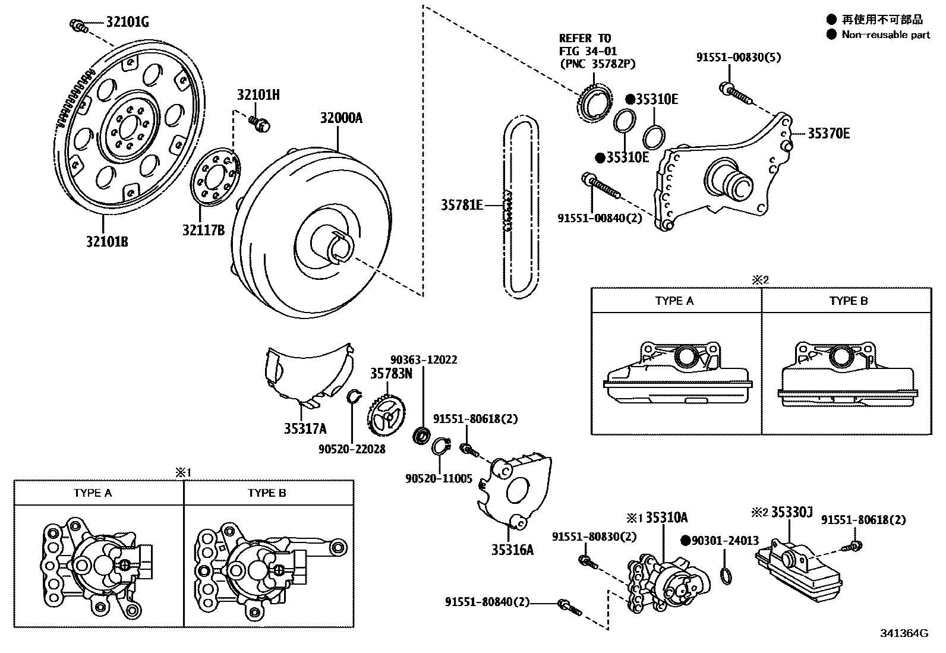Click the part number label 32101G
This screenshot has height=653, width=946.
coord(127,23)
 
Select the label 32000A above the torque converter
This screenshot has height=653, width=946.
coord(340,118)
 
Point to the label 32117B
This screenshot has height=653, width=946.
coord(203,229)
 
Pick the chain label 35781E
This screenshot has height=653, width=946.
coord(461,205)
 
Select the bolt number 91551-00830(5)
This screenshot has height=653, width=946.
coord(738,58)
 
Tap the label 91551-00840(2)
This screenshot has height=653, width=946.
coord(600,218)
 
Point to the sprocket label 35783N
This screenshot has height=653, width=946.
coord(391,373)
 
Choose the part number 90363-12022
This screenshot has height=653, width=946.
coord(424,359)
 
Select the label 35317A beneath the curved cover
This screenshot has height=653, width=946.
coord(305,428)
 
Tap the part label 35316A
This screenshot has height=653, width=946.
coord(512,550)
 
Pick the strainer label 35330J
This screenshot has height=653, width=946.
coord(791,512)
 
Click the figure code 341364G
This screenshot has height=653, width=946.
coord(904,633)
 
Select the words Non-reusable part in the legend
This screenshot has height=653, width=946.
coord(885,34)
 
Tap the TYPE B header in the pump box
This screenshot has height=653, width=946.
coord(267,493)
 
